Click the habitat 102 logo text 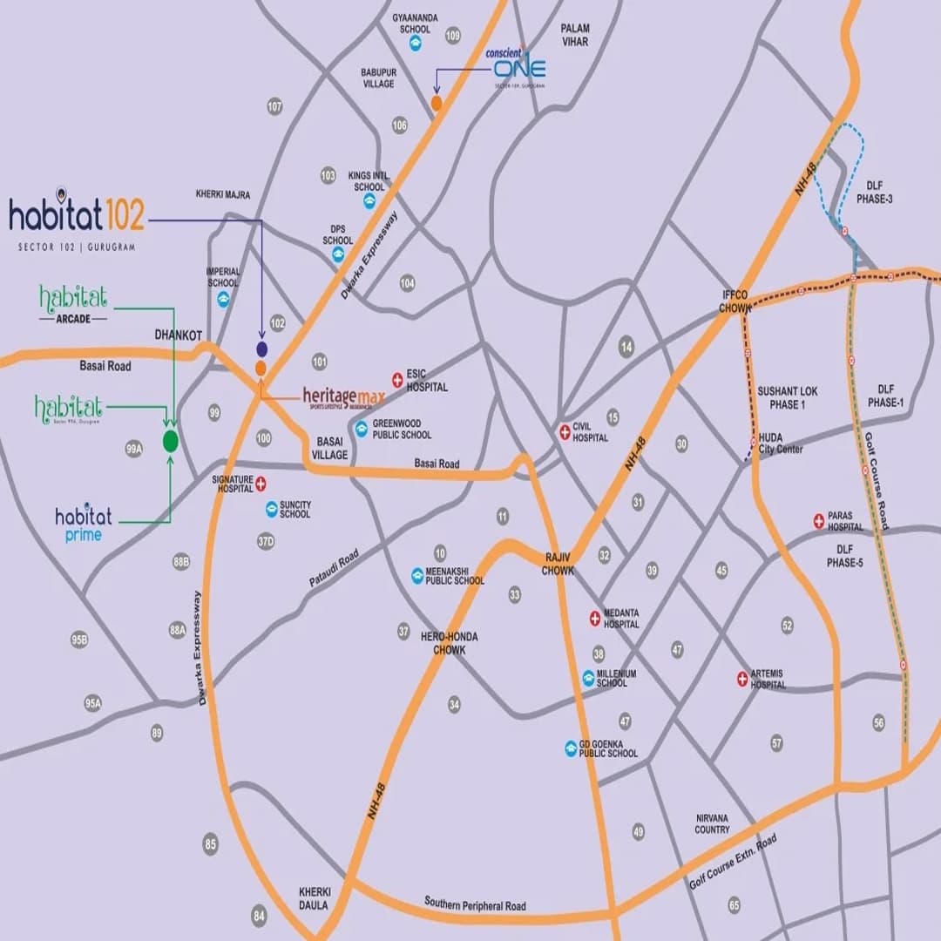[77, 214]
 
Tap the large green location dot [171, 442]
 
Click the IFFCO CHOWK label [735, 301]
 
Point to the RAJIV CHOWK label [558, 564]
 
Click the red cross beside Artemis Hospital [742, 678]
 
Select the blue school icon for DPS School [338, 255]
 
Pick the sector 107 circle [275, 106]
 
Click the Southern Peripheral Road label [475, 903]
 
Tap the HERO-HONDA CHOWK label [450, 643]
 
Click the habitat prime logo [84, 525]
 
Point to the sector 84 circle [259, 916]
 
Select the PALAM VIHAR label [575, 35]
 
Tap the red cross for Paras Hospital [819, 520]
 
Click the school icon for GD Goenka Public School [571, 748]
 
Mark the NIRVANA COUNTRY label [712, 824]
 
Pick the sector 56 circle [878, 722]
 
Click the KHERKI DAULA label [315, 898]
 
